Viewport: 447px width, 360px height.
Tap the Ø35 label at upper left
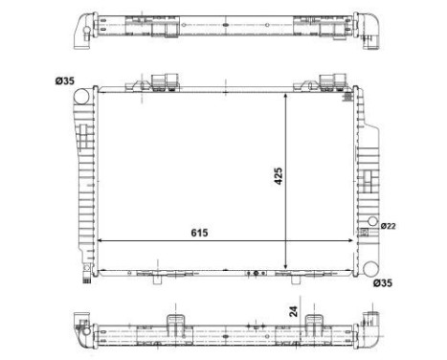click(x=65, y=79)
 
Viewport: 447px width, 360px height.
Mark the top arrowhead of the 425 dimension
click(x=288, y=97)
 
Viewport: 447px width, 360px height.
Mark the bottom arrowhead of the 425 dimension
click(x=288, y=267)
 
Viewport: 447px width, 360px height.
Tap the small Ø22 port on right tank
click(x=364, y=228)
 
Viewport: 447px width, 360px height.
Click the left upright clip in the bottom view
click(x=175, y=321)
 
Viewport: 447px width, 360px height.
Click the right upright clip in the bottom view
click(x=311, y=321)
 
